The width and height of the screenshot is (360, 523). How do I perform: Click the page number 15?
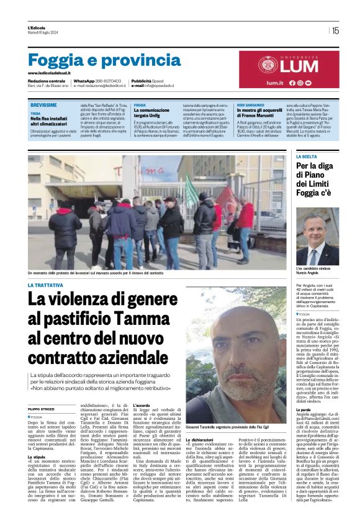click(x=335, y=30)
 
